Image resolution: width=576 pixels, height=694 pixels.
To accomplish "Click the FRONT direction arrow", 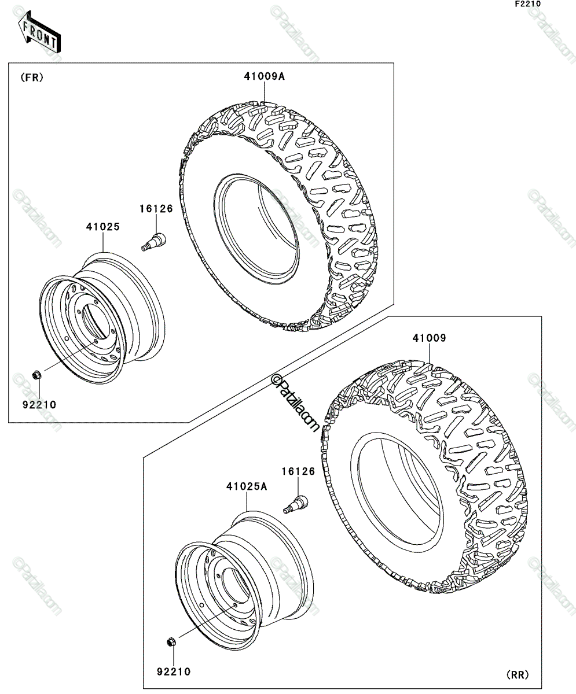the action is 39,31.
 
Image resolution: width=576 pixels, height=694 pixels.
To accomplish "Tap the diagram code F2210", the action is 528,4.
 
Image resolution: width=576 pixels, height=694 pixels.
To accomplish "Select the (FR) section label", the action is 32,77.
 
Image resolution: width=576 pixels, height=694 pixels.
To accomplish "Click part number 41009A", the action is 265,76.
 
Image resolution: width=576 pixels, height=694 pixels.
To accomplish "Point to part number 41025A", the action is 247,486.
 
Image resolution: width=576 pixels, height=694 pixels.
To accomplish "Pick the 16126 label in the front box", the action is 156,209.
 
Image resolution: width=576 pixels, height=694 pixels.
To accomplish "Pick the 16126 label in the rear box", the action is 298,471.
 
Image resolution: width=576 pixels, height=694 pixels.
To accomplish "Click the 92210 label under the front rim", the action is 39,404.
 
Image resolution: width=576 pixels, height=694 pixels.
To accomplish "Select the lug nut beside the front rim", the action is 36,375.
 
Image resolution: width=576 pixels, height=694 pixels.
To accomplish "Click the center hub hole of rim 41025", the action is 94,321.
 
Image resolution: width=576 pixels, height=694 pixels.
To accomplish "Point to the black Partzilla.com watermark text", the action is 295,403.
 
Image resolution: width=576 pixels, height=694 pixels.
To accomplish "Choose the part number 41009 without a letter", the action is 429,338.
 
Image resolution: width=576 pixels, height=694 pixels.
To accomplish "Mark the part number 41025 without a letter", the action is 103,227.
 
